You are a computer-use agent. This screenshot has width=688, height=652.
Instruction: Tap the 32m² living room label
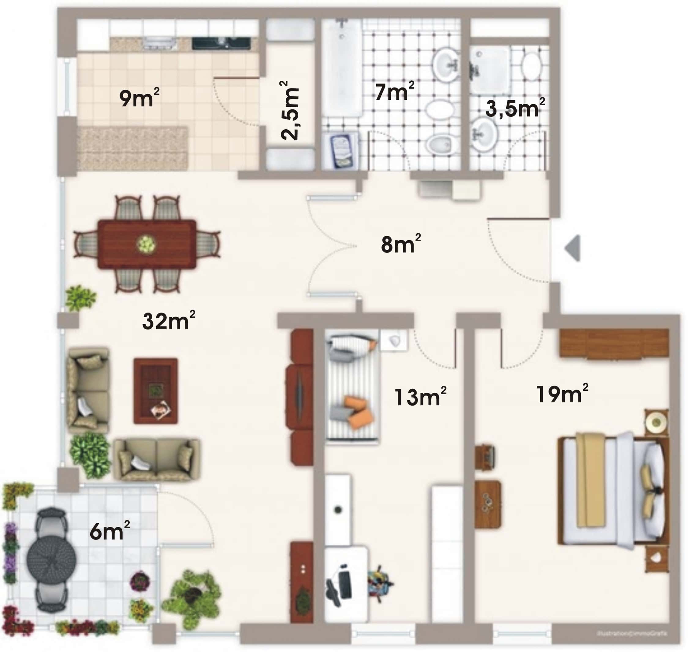click(x=168, y=320)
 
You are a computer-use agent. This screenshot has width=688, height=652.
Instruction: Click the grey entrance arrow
click(x=573, y=248)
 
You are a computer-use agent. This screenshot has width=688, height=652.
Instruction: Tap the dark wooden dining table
click(x=147, y=244)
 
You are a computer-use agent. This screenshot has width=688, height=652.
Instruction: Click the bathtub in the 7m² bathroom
click(x=342, y=68)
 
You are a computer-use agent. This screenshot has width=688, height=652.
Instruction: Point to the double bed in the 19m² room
click(x=612, y=490)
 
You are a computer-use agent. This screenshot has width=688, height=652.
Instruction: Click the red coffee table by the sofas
click(x=155, y=391)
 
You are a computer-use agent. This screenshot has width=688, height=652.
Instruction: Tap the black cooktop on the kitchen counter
click(x=221, y=43)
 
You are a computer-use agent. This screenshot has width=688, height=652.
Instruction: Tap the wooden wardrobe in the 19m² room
click(x=614, y=343)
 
